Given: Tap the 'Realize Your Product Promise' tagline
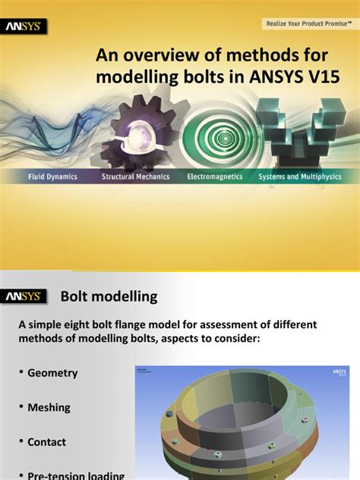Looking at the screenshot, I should (x=308, y=24).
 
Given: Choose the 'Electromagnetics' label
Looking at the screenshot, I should (x=215, y=176).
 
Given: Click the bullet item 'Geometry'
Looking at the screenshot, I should (x=52, y=374).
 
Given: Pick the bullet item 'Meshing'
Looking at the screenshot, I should (x=49, y=408).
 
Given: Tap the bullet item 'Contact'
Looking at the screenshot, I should (x=46, y=442).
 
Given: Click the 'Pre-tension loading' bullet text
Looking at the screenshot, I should (x=76, y=475).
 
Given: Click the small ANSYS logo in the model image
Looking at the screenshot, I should (x=338, y=374).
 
